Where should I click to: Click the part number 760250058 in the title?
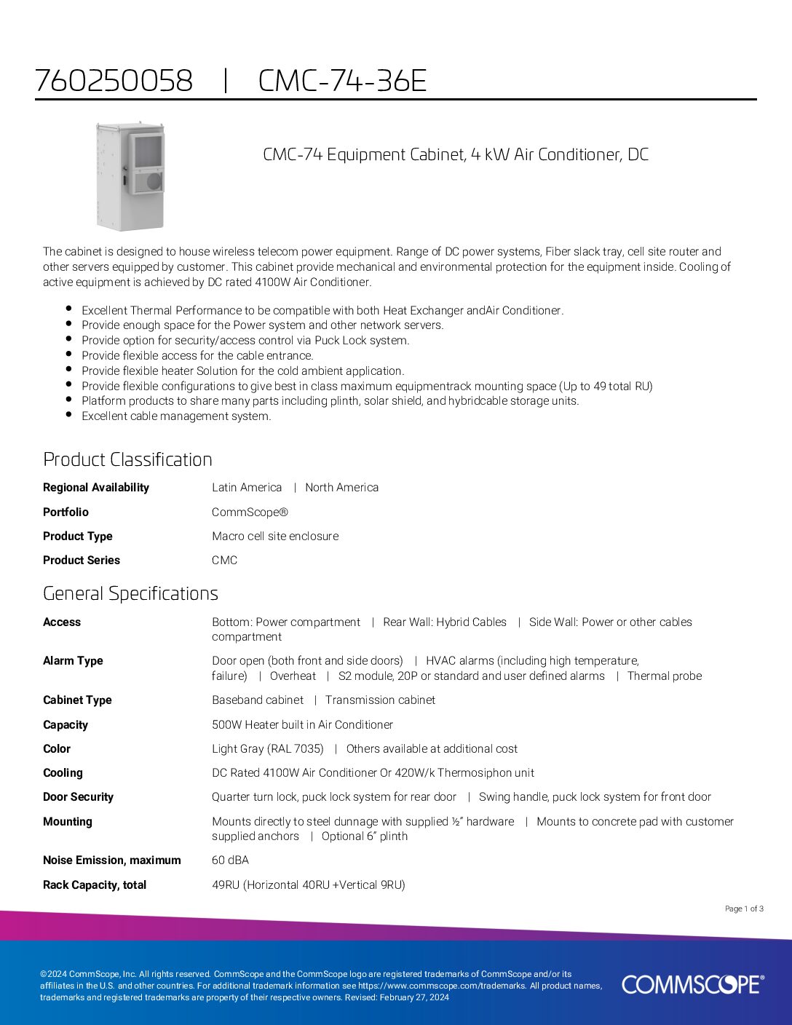click(x=114, y=81)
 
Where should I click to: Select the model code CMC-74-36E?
click(x=342, y=81)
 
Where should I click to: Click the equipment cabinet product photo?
click(x=130, y=175)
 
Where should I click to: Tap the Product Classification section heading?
click(x=127, y=459)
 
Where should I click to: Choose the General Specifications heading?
click(x=130, y=593)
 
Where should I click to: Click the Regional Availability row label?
click(x=96, y=488)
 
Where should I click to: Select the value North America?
click(x=341, y=488)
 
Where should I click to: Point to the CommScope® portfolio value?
click(x=250, y=512)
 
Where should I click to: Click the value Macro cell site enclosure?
click(x=275, y=536)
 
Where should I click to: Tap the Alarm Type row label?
click(x=73, y=661)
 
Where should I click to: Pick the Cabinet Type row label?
click(x=77, y=700)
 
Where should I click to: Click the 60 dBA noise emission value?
click(x=230, y=860)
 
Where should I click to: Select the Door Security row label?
click(x=78, y=797)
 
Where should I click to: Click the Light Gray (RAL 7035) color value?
click(x=267, y=748)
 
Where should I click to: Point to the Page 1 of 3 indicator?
click(x=744, y=909)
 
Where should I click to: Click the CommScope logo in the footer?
click(x=692, y=985)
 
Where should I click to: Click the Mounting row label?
click(x=68, y=822)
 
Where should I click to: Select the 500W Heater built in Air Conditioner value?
click(x=302, y=724)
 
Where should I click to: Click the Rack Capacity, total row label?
click(x=95, y=885)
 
